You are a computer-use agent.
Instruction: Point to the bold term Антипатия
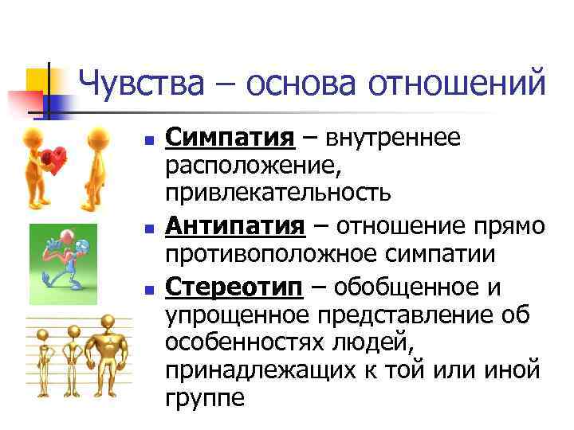pyautogui.click(x=234, y=227)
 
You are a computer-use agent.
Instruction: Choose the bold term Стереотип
pyautogui.click(x=234, y=287)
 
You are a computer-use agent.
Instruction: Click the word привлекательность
pyautogui.click(x=277, y=193)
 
